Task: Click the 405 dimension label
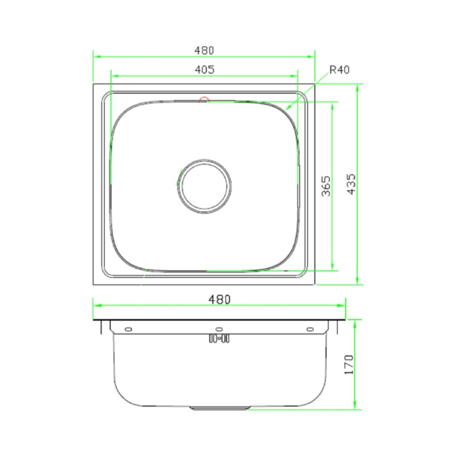point(204,70)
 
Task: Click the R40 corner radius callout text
point(339,70)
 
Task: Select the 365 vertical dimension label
point(326,186)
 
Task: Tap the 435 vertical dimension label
point(351,184)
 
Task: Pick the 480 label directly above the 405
point(204,50)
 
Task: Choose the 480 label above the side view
point(219,300)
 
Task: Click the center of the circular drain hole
point(204,186)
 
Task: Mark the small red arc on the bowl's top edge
point(204,99)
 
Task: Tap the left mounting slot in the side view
point(129,329)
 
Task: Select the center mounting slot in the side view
point(219,329)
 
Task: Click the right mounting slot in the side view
point(310,329)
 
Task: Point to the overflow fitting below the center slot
point(219,338)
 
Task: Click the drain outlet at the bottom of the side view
point(219,408)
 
